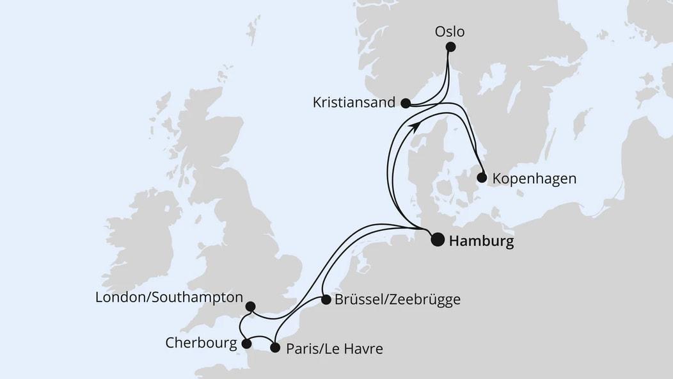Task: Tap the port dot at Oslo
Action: pyautogui.click(x=450, y=47)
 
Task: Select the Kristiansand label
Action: pyautogui.click(x=354, y=102)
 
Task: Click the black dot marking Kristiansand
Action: pyautogui.click(x=405, y=102)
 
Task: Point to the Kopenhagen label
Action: pyautogui.click(x=534, y=179)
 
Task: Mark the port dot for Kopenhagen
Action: pyautogui.click(x=482, y=178)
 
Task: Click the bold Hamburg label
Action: pyautogui.click(x=481, y=241)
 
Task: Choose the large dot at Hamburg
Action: pyautogui.click(x=438, y=239)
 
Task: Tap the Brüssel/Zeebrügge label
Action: pyautogui.click(x=397, y=300)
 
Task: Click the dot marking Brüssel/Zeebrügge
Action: pyautogui.click(x=326, y=300)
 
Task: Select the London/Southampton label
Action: pyautogui.click(x=169, y=297)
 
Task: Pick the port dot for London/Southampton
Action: pyautogui.click(x=250, y=307)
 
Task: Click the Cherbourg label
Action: pyautogui.click(x=201, y=343)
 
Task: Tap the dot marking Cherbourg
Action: pyautogui.click(x=247, y=344)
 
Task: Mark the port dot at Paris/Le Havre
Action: pyautogui.click(x=275, y=348)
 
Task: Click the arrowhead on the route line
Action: pyautogui.click(x=416, y=126)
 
